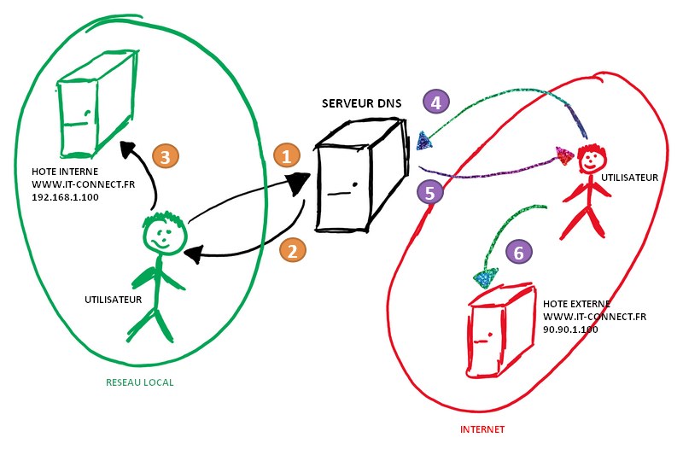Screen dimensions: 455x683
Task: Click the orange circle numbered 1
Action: [x=287, y=155]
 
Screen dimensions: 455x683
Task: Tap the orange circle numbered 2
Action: [x=292, y=250]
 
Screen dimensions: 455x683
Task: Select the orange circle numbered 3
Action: [x=164, y=156]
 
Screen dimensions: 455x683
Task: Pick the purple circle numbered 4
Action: [x=436, y=102]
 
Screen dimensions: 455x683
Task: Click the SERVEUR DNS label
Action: [x=361, y=103]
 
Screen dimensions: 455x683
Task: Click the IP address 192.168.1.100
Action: [x=67, y=195]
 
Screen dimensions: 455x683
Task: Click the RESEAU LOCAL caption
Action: [x=139, y=382]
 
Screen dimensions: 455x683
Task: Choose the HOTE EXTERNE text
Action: [x=576, y=303]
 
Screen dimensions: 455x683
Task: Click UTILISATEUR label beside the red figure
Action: [x=630, y=178]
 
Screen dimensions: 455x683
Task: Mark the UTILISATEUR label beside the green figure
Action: [x=113, y=300]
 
